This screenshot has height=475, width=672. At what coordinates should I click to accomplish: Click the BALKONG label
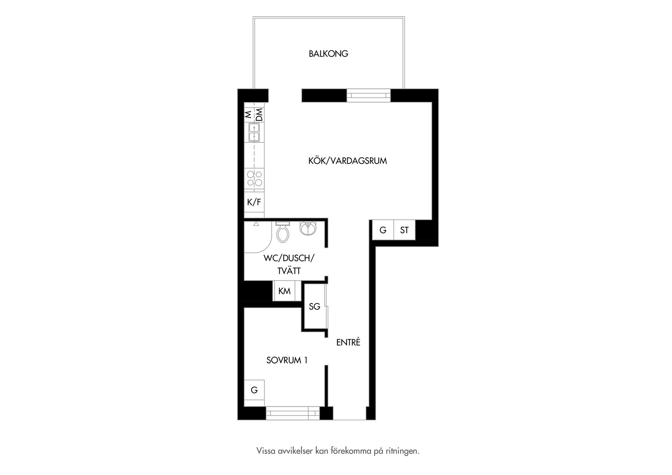[x=328, y=54]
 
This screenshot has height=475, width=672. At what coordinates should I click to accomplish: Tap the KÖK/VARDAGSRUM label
[x=348, y=161]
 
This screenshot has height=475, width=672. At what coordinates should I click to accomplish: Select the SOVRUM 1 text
[x=287, y=360]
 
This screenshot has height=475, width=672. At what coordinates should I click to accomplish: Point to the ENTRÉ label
[x=348, y=342]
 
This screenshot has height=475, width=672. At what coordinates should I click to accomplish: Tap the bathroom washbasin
[x=308, y=228]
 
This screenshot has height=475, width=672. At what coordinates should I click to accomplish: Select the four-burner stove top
[x=254, y=178]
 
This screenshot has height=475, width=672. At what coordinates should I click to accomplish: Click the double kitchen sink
[x=254, y=132]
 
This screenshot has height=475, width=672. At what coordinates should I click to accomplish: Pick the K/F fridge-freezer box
[x=254, y=202]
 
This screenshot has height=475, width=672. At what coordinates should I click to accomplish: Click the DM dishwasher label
[x=259, y=115]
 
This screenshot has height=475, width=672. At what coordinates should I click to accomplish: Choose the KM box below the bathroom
[x=285, y=291]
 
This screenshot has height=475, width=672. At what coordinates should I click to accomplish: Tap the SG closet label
[x=315, y=307]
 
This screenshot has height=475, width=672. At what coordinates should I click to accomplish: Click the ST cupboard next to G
[x=404, y=230]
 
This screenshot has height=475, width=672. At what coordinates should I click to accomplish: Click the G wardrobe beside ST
[x=383, y=230]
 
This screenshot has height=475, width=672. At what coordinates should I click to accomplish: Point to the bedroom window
[x=293, y=413]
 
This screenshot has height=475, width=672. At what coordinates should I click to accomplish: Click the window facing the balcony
[x=369, y=95]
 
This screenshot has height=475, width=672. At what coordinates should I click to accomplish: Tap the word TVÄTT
[x=289, y=271]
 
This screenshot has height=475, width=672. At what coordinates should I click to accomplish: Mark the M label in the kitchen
[x=248, y=114]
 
